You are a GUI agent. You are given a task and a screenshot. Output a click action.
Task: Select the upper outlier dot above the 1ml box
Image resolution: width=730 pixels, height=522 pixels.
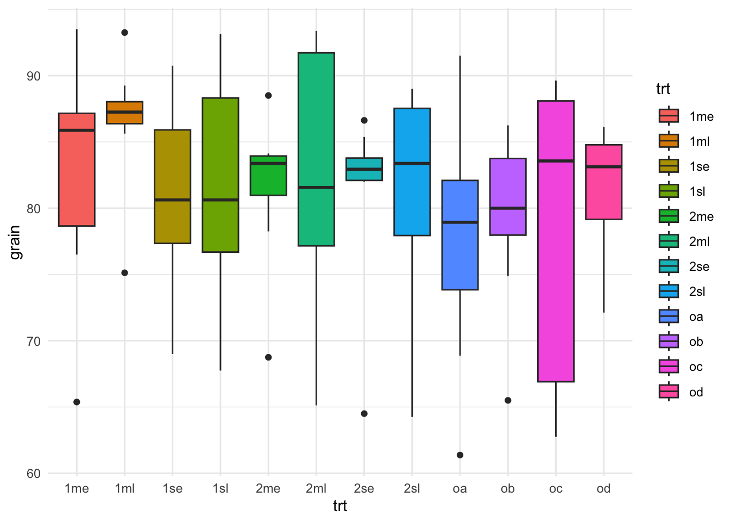tap(124, 33)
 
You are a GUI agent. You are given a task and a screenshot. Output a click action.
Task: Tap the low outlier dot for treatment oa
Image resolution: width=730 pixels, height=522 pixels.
tap(460, 455)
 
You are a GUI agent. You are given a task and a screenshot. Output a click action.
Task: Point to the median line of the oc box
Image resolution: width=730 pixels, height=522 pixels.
tap(556, 161)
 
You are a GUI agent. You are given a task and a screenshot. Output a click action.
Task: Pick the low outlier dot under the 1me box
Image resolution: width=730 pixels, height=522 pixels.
tap(77, 402)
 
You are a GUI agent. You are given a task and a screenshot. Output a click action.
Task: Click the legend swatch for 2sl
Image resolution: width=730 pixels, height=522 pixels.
tap(669, 291)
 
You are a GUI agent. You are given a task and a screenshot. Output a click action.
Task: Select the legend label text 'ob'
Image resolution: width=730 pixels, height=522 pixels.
tap(696, 342)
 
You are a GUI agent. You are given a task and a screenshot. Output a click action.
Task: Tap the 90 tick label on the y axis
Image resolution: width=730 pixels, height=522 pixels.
tap(34, 76)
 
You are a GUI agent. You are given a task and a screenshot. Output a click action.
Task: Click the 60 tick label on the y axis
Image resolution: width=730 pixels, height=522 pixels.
tap(34, 474)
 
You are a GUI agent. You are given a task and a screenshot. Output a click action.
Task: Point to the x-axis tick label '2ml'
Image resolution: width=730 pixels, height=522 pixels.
tap(316, 489)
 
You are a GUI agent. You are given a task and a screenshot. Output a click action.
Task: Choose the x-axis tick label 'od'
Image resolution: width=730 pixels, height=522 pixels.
tap(603, 489)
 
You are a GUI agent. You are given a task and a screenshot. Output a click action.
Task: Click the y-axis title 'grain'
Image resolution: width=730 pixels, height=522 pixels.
tap(15, 242)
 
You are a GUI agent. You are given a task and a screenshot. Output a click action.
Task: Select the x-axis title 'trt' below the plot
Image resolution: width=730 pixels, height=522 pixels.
tap(340, 506)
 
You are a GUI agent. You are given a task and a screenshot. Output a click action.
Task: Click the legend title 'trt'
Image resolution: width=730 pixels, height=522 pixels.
tap(663, 89)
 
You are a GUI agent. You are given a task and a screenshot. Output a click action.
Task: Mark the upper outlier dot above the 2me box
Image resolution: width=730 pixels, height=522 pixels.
tap(268, 96)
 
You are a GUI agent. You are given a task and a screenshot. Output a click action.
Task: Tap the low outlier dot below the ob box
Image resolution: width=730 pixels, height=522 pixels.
tap(508, 401)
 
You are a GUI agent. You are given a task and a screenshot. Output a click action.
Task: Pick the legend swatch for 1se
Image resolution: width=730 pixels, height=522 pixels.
tap(669, 166)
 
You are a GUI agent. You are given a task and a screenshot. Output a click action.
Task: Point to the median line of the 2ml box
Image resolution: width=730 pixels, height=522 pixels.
tap(316, 188)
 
